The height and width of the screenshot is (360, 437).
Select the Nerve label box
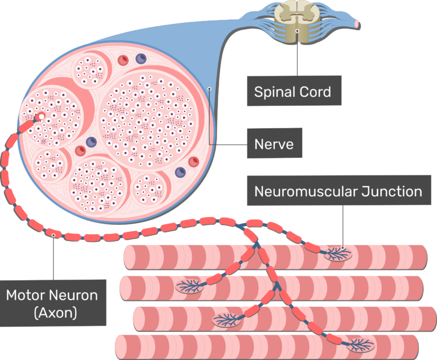[274, 144]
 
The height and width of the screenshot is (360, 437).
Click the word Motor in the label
[26, 295]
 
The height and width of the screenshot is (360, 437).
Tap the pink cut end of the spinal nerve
[356, 24]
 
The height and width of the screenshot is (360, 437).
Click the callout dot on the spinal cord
[297, 31]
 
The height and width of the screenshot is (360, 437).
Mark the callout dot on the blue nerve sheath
[209, 88]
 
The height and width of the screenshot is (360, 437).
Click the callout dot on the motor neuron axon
[53, 234]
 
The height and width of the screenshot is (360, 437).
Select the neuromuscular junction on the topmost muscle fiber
[338, 252]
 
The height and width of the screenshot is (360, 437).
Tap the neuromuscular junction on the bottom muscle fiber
[360, 343]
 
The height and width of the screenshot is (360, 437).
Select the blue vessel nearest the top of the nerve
[140, 59]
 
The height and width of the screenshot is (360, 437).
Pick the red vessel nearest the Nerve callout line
[193, 161]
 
